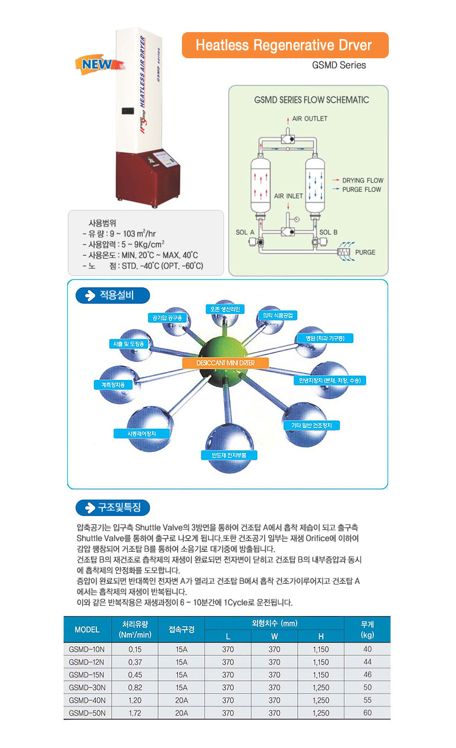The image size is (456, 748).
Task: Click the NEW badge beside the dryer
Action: coord(93,64)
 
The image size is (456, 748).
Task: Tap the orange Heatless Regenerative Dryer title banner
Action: coord(285,45)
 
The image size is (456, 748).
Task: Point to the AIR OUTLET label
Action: coord(310,119)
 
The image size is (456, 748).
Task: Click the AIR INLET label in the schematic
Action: coord(288,196)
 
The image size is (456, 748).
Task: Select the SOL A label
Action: coord(245,232)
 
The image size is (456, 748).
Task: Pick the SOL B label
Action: coord(328,232)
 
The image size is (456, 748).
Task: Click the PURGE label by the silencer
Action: coord(365,252)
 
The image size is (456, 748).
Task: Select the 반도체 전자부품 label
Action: coord(229,455)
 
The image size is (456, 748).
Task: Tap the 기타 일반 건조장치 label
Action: coord(312,425)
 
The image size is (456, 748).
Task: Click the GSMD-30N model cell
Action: coord(86,687)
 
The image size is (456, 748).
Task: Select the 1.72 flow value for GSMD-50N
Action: coord(134,713)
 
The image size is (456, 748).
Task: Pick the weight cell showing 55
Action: coord(367,700)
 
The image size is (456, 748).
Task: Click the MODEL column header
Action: coord(87,630)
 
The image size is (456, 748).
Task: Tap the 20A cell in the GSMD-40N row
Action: coord(181,700)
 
